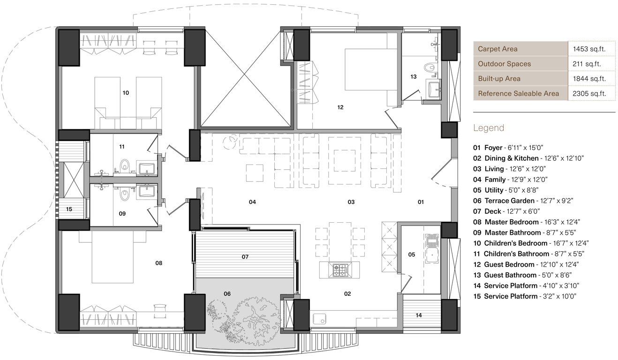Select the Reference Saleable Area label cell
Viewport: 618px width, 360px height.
tap(518, 93)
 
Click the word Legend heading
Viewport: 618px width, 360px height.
tap(489, 128)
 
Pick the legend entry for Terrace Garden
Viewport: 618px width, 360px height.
tap(523, 201)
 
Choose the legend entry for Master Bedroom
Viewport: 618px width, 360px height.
tap(523, 222)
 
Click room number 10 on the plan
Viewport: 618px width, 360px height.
tap(125, 93)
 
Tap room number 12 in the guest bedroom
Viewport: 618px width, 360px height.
tap(340, 107)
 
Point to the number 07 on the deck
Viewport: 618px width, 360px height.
tap(245, 257)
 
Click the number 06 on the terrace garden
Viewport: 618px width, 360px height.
tap(227, 294)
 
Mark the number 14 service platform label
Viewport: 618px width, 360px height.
tap(419, 315)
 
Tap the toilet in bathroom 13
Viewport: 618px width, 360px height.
tap(428, 68)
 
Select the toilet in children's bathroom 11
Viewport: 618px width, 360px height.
tap(124, 165)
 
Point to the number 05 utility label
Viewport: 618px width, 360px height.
tap(411, 255)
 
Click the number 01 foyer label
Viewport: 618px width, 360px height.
tap(421, 202)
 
